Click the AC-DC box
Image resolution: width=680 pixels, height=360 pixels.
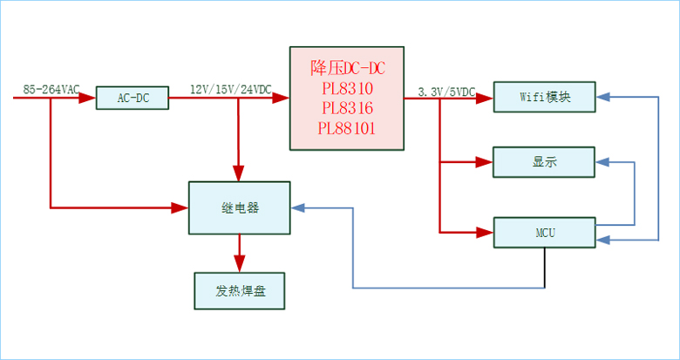133,98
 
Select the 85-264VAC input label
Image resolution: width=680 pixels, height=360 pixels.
51,89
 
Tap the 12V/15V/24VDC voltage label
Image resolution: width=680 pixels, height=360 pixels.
230,89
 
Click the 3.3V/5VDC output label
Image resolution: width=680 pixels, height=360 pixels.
446,91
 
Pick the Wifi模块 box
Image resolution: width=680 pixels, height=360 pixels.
545,97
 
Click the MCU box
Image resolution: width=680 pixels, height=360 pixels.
545,233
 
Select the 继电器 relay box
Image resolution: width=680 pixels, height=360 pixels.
240,207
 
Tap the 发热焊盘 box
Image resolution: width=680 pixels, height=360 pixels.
240,290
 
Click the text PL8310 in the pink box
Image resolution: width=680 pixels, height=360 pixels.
347,88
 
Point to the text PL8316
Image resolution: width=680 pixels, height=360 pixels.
347,108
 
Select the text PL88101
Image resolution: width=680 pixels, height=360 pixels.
347,128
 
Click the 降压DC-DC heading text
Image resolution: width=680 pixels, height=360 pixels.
347,68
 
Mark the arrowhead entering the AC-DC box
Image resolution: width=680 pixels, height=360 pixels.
88,98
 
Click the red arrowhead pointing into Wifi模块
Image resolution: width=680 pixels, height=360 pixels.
486,98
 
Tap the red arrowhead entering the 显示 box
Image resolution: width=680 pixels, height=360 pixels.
486,161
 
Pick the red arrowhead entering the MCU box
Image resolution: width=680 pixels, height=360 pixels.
486,233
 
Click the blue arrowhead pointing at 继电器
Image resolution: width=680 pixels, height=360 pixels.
298,208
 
